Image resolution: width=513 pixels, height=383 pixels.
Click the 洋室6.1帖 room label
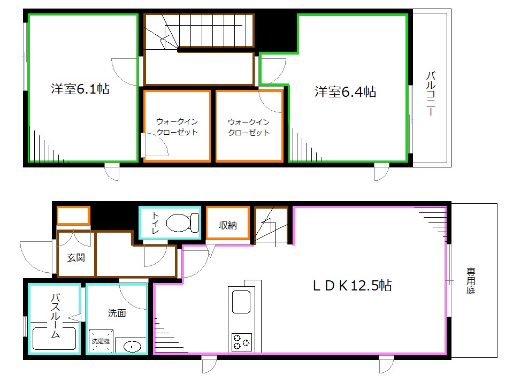point(80,89)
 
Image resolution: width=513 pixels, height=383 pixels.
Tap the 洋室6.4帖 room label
point(345,92)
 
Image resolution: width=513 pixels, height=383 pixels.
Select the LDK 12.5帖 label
point(352,285)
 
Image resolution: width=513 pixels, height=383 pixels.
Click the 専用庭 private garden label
point(471,281)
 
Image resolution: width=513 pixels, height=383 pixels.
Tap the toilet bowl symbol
point(180,222)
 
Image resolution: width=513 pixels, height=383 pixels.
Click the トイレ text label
point(155,223)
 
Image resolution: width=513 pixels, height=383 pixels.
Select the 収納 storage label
point(227,225)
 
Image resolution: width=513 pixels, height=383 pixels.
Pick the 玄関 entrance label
point(75,258)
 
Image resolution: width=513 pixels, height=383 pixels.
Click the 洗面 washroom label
point(117,313)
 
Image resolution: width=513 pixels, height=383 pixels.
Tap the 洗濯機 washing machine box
point(100,341)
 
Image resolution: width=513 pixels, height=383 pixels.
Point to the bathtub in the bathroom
point(55,339)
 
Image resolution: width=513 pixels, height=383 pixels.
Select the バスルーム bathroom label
point(55,316)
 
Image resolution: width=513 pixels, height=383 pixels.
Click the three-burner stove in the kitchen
point(242,341)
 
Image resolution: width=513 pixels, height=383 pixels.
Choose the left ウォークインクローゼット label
point(177,127)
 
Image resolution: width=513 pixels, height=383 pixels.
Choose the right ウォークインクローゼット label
point(249,127)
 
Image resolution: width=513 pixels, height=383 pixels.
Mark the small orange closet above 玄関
point(73,216)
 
